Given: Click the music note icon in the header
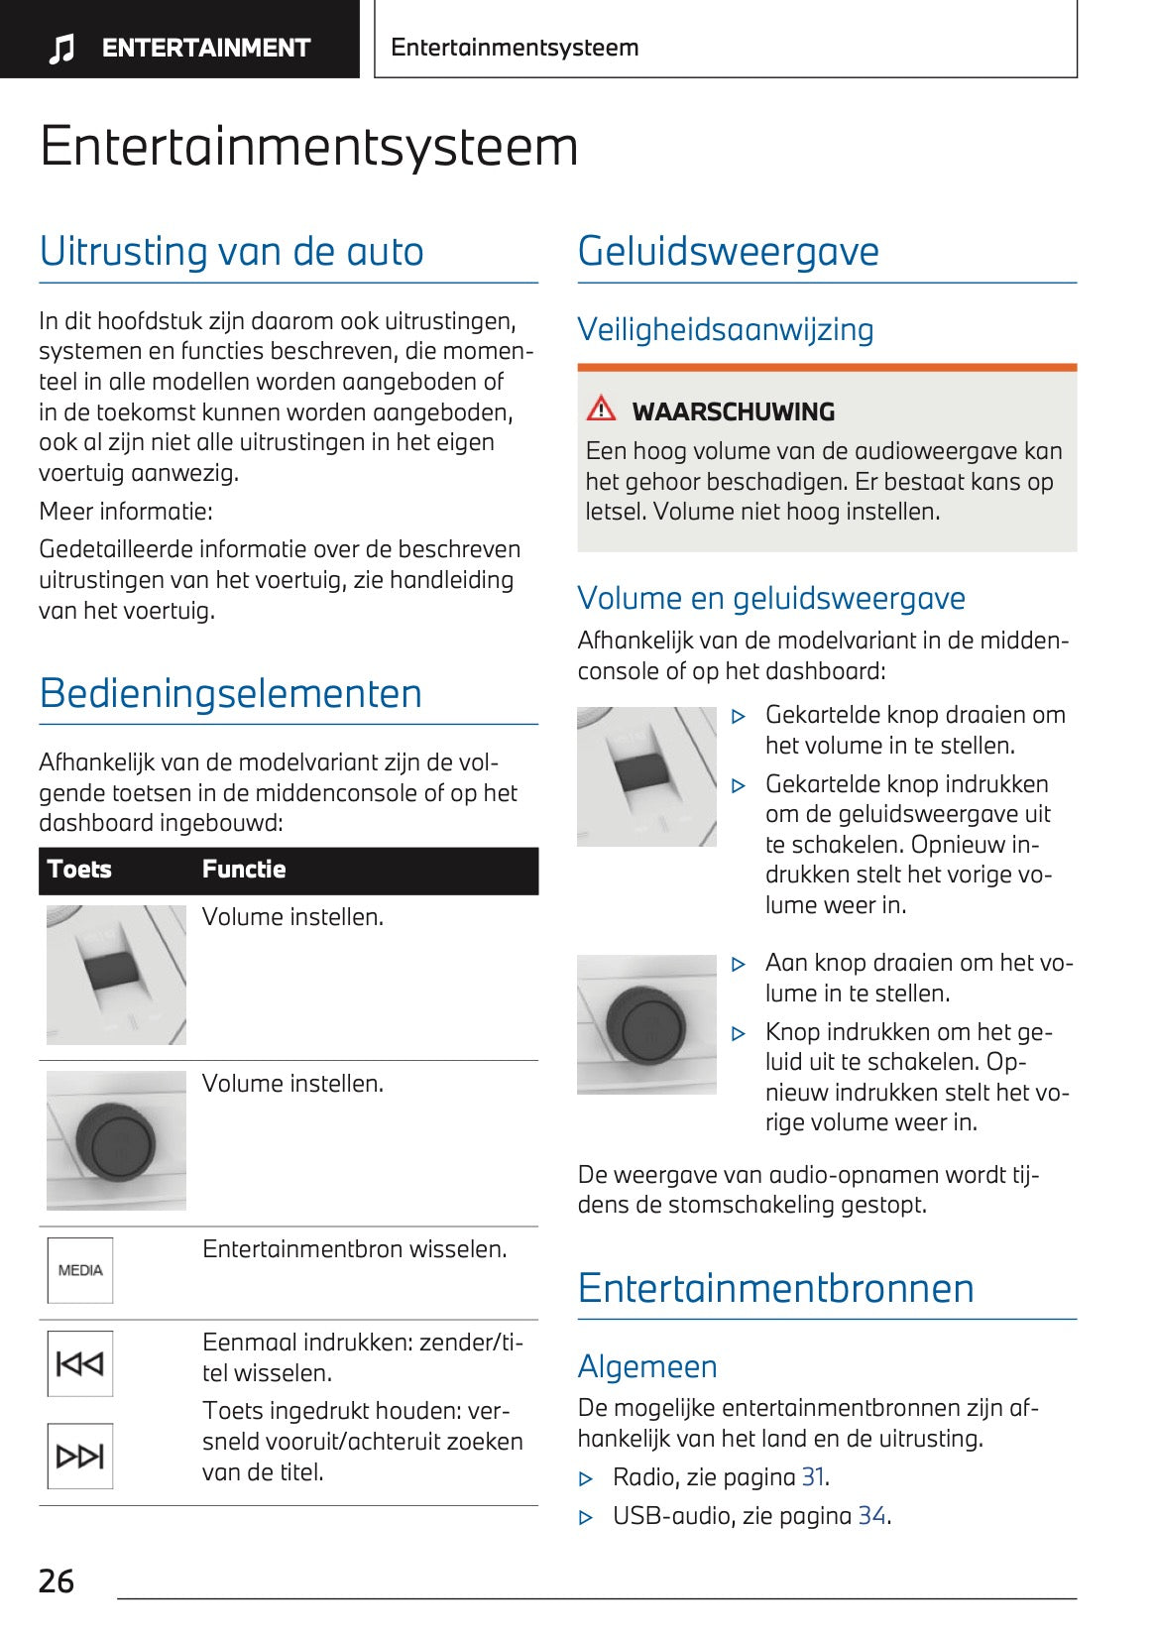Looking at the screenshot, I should point(61,48).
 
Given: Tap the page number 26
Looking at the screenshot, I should point(57,1580).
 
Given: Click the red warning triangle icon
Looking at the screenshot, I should point(601,409).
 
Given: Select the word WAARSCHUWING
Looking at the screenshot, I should point(734,411).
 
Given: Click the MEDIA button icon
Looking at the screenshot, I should point(80,1270).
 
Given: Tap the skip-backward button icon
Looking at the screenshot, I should point(80,1363).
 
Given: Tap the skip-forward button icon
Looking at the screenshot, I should point(80,1456).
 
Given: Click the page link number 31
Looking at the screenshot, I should point(813,1477).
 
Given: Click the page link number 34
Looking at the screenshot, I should point(871,1516).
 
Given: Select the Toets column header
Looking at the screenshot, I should point(79,870).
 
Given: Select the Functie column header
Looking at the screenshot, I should point(244,870).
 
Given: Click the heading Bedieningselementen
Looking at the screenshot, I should point(231,693).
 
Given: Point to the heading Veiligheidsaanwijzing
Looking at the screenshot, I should point(726,329).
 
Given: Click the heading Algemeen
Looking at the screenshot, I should point(647,1366).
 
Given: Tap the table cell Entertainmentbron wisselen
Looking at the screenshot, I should point(354,1249).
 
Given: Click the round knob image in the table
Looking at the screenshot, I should point(116,1140).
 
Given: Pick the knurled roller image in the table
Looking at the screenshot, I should point(116,974).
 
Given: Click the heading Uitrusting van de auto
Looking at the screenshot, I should point(232,251).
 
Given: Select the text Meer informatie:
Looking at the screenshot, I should point(126,512).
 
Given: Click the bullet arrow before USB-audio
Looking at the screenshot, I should point(586,1517).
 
